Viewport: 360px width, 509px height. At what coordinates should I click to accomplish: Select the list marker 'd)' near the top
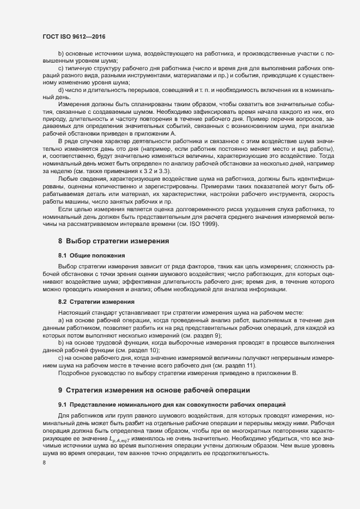tap(61, 89)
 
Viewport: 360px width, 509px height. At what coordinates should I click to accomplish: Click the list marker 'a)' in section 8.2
tap(61, 322)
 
